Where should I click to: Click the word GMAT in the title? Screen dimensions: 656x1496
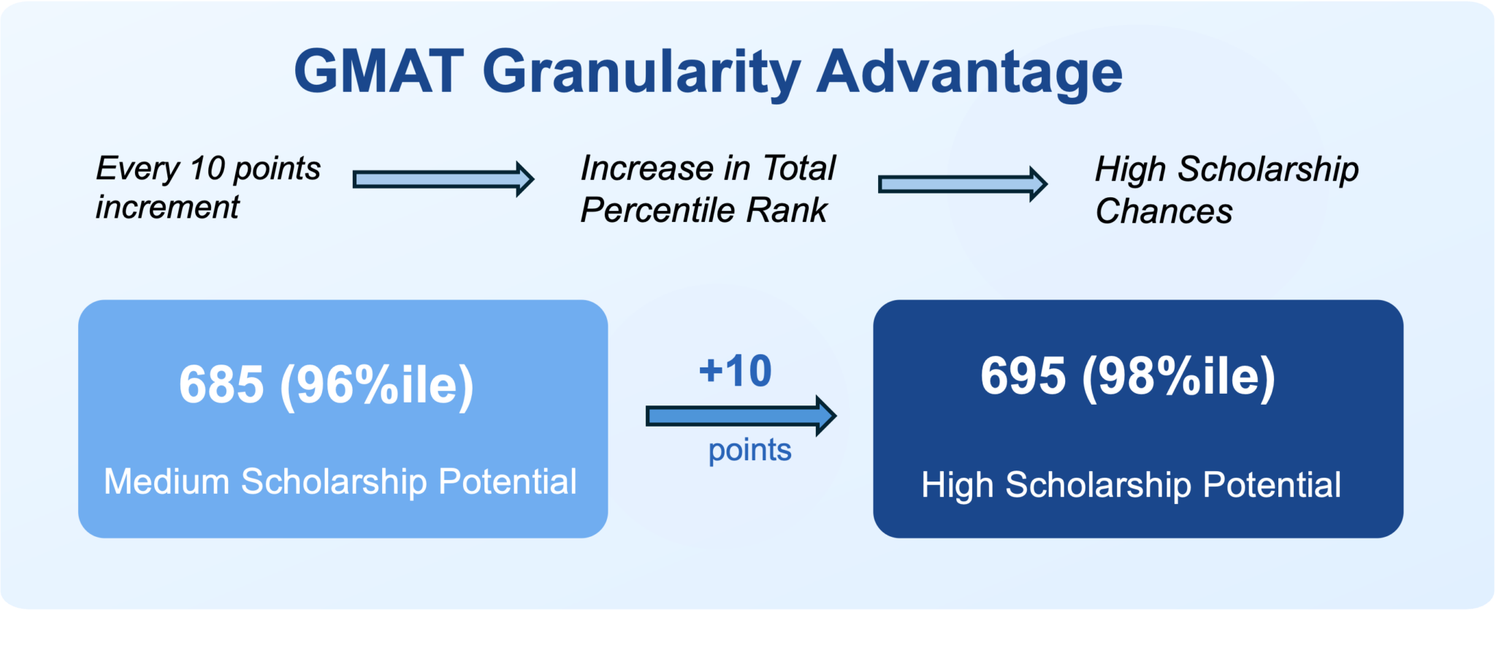(x=378, y=72)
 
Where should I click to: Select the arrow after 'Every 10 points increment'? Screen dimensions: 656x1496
(x=443, y=179)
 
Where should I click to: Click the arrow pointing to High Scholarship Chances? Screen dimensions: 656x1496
(x=962, y=184)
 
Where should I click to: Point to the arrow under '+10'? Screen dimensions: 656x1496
(x=740, y=416)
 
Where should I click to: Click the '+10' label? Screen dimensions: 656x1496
(x=735, y=371)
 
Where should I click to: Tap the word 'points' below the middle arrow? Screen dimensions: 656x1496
(x=749, y=450)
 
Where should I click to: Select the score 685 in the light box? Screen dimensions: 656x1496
(x=221, y=384)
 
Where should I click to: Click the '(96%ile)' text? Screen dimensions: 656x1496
(x=377, y=386)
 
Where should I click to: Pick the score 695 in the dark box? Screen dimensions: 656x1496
(x=1023, y=376)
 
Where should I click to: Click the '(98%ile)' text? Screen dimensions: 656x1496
(x=1178, y=377)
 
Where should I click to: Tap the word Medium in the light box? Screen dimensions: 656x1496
(x=167, y=482)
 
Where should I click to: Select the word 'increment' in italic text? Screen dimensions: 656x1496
(x=167, y=207)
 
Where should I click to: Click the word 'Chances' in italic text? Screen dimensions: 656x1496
(x=1164, y=212)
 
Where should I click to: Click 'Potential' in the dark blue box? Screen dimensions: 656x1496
(x=1272, y=485)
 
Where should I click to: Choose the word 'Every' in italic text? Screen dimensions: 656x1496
(x=137, y=169)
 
